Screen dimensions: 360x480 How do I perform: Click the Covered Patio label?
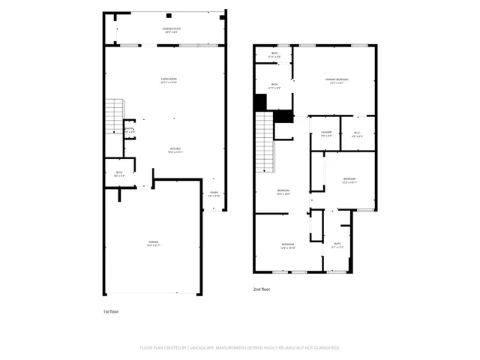171,30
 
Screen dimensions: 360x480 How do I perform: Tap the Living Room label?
169,80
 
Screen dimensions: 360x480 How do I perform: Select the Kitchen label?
174,150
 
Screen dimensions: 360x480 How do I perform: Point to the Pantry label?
129,130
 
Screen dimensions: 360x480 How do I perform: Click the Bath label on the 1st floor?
119,173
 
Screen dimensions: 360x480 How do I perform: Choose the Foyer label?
214,194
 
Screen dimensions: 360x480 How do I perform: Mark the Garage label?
153,242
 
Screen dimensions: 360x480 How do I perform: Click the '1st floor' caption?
110,310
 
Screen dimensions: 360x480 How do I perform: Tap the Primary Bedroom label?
337,80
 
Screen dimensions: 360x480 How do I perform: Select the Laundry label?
326,133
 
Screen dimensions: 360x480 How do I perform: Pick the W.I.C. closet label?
357,133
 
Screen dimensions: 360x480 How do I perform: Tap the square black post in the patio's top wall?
169,16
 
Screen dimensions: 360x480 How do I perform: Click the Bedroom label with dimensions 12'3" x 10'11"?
349,179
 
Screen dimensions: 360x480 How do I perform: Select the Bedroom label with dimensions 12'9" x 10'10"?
289,245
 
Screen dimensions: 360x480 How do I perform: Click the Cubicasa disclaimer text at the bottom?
240,347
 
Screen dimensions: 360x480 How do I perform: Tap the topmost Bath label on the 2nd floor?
274,54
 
